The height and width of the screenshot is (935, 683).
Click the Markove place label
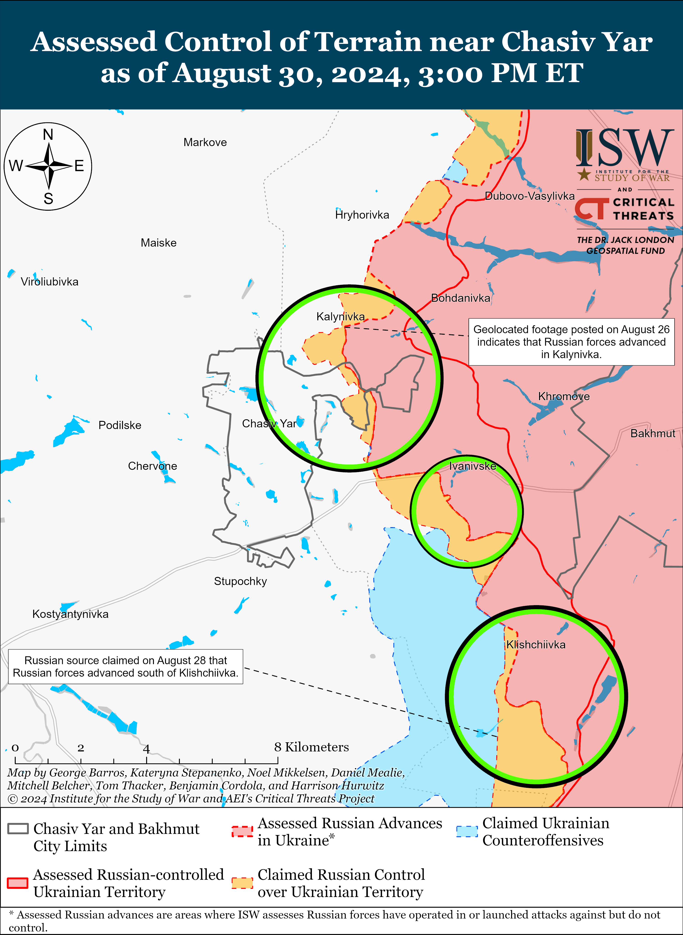[x=205, y=143]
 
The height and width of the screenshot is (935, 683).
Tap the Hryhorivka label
[x=362, y=215]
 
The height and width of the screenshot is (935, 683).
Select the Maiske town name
[x=158, y=243]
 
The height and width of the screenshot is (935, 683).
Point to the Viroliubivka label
[x=50, y=282]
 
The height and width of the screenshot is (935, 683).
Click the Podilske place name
[x=120, y=425]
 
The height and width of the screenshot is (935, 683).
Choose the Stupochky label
[x=240, y=581]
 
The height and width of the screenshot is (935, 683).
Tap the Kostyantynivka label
[x=70, y=614]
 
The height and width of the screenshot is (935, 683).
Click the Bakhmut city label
[x=652, y=433]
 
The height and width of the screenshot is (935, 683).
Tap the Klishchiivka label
[x=536, y=644]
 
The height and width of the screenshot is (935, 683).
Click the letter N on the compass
[x=48, y=135]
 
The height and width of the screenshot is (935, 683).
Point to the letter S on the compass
[x=48, y=199]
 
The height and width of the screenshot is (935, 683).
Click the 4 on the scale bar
[x=146, y=748]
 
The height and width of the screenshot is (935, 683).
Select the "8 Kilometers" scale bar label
[x=311, y=747]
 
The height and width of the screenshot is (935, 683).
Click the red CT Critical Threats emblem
[x=592, y=209]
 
